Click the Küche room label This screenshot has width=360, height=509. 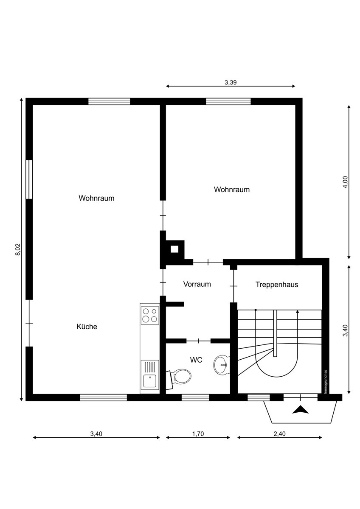click(87, 327)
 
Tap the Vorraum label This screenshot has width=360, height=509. click(197, 284)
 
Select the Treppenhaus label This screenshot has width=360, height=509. click(277, 285)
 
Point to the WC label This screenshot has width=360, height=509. click(196, 360)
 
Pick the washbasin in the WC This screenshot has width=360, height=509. click(222, 365)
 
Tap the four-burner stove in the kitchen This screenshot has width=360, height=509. click(149, 316)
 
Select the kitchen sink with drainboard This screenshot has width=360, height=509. click(149, 374)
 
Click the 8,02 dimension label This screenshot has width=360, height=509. click(18, 249)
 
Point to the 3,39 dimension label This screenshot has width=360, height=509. click(231, 82)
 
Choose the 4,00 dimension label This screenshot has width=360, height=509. click(346, 182)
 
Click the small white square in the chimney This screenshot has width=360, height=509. click(174, 249)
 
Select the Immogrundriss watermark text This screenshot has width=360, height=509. click(326, 382)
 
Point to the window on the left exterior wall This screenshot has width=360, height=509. click(29, 179)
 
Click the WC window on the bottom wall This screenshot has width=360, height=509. click(195, 397)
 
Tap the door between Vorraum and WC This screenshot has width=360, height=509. click(199, 341)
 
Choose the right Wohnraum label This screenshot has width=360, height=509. click(232, 190)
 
